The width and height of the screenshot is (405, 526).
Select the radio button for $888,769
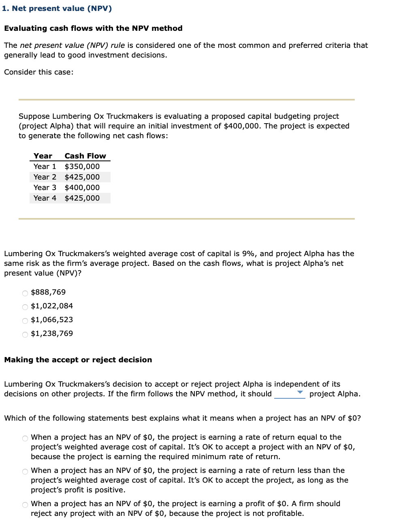(x=25, y=293)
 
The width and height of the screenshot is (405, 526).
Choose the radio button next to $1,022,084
(x=25, y=307)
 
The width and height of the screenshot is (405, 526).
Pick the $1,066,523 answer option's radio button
(x=25, y=321)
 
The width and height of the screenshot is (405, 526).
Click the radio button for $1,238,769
(x=25, y=334)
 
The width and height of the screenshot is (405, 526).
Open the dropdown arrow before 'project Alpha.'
(x=300, y=393)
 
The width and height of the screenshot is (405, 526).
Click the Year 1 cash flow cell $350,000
(x=82, y=167)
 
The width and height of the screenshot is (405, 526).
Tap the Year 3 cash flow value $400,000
(x=82, y=188)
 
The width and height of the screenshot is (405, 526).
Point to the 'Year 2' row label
(x=45, y=177)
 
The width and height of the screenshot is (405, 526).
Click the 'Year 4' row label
(x=45, y=198)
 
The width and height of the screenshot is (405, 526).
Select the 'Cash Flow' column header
(x=85, y=156)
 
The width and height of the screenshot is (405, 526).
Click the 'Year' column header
(x=43, y=156)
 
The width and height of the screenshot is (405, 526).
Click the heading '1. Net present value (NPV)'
(x=57, y=9)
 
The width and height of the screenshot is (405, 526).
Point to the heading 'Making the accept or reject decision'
(x=78, y=360)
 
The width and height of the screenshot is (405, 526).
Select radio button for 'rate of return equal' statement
(x=25, y=438)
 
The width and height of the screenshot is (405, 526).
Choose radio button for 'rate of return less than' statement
(x=25, y=471)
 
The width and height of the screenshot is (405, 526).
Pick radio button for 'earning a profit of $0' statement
(x=25, y=505)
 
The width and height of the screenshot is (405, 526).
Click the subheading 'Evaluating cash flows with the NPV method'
(x=93, y=28)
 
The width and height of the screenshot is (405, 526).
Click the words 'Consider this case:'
(x=39, y=72)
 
